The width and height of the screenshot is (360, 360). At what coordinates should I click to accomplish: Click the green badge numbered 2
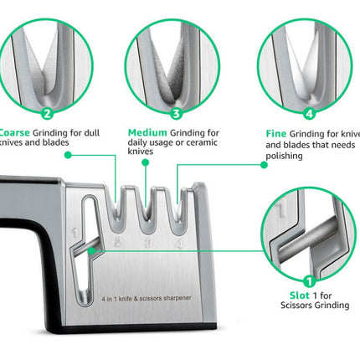click(x=46, y=115)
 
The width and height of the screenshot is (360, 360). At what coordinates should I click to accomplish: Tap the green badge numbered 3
click(x=176, y=114)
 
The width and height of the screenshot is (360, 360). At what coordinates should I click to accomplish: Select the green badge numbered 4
click(x=309, y=114)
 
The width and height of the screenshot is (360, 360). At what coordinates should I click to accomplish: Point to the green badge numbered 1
click(x=308, y=282)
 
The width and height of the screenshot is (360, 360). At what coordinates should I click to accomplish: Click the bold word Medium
click(x=147, y=132)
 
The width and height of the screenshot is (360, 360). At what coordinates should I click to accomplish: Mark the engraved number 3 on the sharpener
click(x=147, y=244)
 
